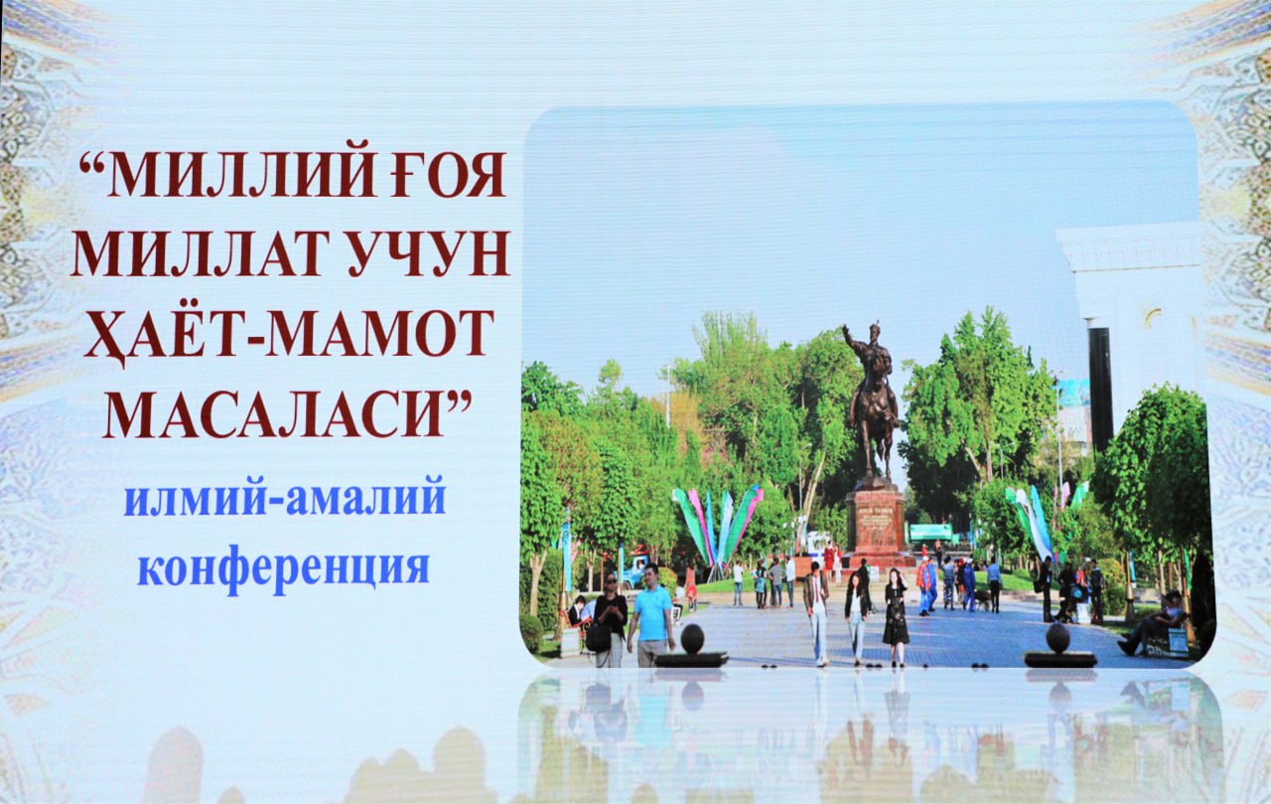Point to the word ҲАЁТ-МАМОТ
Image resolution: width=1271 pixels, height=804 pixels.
click(x=289, y=335)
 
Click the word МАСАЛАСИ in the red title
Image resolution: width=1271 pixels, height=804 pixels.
click(x=287, y=414)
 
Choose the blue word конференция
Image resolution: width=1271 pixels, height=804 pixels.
click(x=283, y=567)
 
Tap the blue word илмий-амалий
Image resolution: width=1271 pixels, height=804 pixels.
click(x=285, y=500)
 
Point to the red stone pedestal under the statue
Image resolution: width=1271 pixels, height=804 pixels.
click(x=877, y=524)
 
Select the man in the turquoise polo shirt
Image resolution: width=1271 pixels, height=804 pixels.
click(x=652, y=615)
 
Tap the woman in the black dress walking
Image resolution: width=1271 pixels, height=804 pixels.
click(x=896, y=618)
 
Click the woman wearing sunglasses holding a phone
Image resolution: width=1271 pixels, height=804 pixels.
click(x=609, y=620)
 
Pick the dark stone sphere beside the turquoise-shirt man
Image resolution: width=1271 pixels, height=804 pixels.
click(x=692, y=638)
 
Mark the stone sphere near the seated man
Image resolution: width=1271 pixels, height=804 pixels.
click(x=1058, y=638)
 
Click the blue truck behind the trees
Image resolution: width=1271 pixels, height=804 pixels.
click(x=635, y=571)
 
